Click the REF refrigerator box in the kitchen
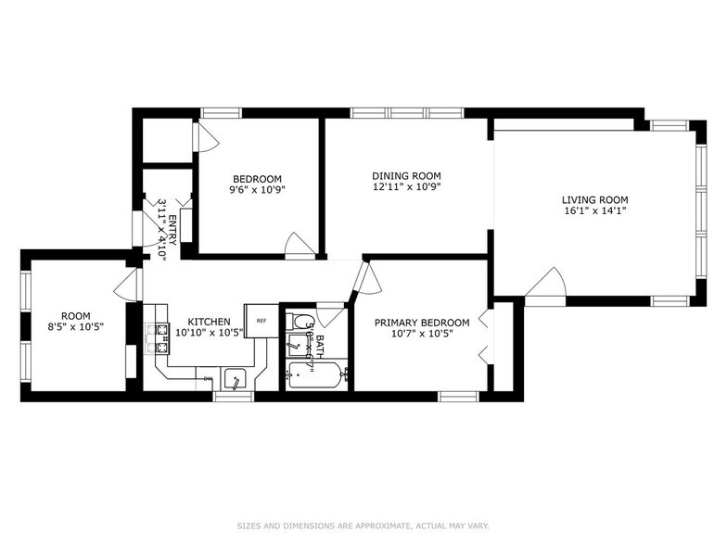[x=261, y=320]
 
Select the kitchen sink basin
[x=236, y=378]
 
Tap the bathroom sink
[x=294, y=349]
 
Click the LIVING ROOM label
[x=594, y=199]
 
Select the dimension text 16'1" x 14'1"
[x=594, y=210]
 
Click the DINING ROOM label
[x=406, y=176]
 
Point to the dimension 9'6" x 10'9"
[x=257, y=190]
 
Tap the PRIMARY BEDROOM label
[x=422, y=323]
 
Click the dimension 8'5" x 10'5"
[x=76, y=326]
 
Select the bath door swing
[x=332, y=313]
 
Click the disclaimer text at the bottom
[x=363, y=526]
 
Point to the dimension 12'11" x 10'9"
[x=406, y=186]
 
